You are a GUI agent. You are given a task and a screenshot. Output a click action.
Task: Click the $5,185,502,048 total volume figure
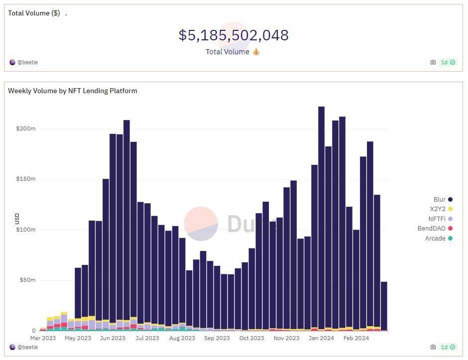click(234, 35)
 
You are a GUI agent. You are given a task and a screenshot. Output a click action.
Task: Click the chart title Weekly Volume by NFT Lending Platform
click(73, 91)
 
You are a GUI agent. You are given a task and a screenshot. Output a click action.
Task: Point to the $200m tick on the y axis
click(25, 128)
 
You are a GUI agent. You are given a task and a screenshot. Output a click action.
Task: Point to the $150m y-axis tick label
click(25, 179)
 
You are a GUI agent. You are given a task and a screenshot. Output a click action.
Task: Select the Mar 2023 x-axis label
click(43, 338)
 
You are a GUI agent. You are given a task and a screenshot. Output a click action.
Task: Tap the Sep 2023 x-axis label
click(217, 338)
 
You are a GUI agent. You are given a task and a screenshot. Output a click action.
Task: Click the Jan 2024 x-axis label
click(321, 338)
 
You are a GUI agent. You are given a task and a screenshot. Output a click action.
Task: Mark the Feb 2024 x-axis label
click(355, 338)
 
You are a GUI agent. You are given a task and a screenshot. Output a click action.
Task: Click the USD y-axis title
click(17, 219)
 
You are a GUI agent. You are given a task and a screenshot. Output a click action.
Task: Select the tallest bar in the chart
click(321, 219)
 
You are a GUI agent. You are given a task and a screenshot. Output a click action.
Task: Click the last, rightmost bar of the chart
click(384, 306)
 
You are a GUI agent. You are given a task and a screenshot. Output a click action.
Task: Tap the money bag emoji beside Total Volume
click(256, 52)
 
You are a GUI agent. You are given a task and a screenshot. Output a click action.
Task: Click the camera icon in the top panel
click(433, 62)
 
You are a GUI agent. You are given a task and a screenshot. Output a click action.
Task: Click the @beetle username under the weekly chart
click(27, 347)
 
